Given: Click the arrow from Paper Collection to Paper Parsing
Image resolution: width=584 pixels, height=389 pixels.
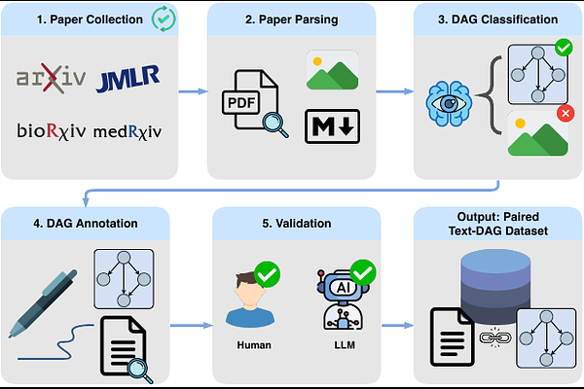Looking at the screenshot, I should [193, 92].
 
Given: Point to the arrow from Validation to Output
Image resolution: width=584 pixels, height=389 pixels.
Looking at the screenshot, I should [394, 327].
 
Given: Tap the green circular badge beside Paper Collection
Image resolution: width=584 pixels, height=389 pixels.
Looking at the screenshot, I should [164, 18].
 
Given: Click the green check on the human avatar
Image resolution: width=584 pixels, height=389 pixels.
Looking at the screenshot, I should [267, 273].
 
